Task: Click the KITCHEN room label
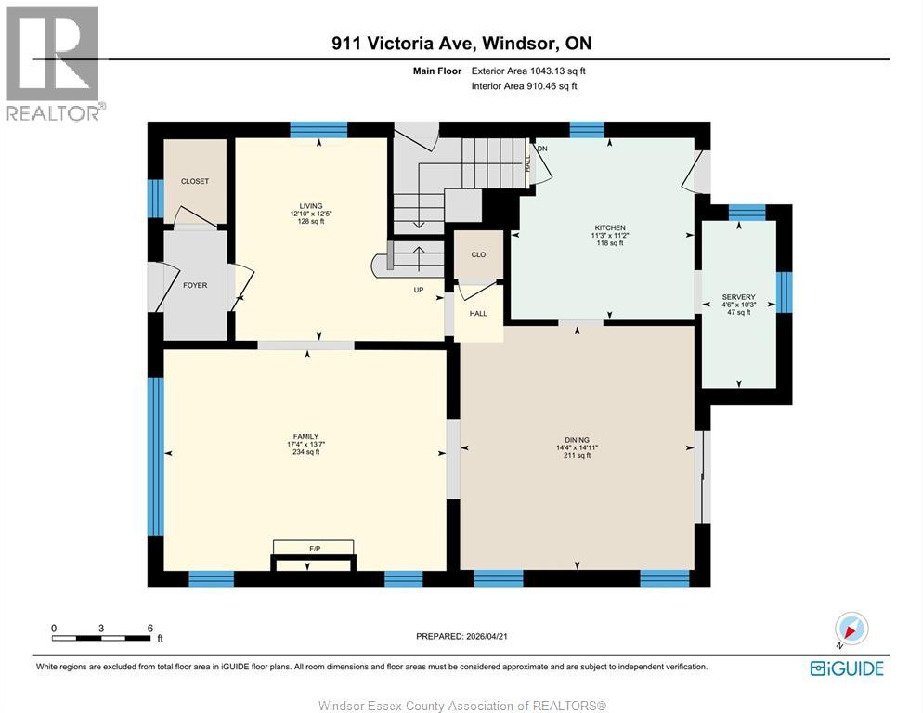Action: point(610,227)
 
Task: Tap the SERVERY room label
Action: point(738,297)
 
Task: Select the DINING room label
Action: point(577,440)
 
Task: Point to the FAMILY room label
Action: point(306,436)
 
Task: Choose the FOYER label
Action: point(195,285)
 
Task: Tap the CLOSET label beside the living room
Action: point(195,181)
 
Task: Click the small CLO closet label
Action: point(478,254)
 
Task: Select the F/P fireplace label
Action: point(314,549)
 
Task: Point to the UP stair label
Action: point(419,290)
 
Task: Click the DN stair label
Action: point(542,149)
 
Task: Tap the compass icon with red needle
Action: point(851,629)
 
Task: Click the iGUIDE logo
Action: point(846,668)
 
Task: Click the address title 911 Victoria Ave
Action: point(461,43)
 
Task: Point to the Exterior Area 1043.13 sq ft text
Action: point(528,71)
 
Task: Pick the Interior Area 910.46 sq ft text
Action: point(525,86)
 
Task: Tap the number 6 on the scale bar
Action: point(149,628)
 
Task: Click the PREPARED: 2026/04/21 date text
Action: point(463,636)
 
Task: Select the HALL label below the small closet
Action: point(478,314)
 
